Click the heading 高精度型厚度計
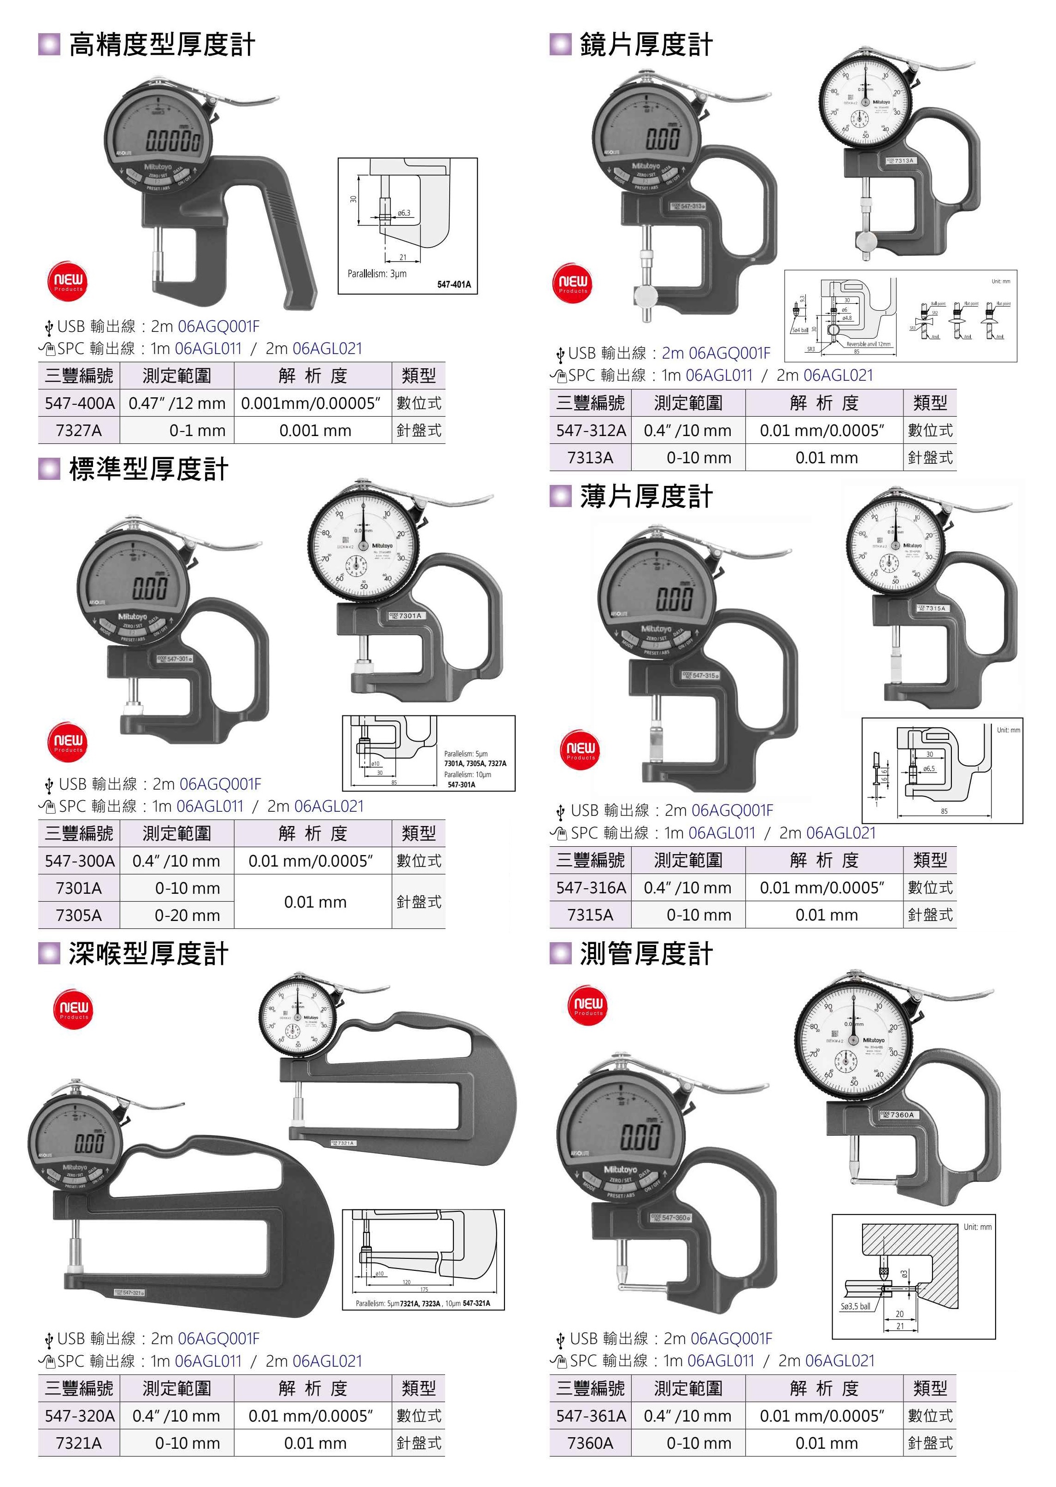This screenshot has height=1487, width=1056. (x=161, y=45)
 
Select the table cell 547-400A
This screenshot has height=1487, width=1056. (x=79, y=403)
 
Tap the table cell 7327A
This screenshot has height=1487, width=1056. (x=79, y=431)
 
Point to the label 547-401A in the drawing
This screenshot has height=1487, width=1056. (x=453, y=284)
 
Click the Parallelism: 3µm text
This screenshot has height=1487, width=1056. (x=376, y=274)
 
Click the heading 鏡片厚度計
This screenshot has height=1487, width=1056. (x=645, y=45)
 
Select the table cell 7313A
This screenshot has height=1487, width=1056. (x=590, y=458)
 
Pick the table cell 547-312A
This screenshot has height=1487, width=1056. (x=590, y=431)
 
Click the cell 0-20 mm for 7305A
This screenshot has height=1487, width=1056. (x=187, y=915)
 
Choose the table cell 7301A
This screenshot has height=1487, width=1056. (x=79, y=888)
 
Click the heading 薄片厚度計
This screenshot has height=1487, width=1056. (x=645, y=497)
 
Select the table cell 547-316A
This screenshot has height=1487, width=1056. (x=590, y=888)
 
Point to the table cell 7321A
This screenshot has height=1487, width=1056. (x=79, y=1443)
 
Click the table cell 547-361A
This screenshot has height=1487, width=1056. (x=590, y=1416)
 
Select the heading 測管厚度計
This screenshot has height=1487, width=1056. (x=645, y=954)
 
